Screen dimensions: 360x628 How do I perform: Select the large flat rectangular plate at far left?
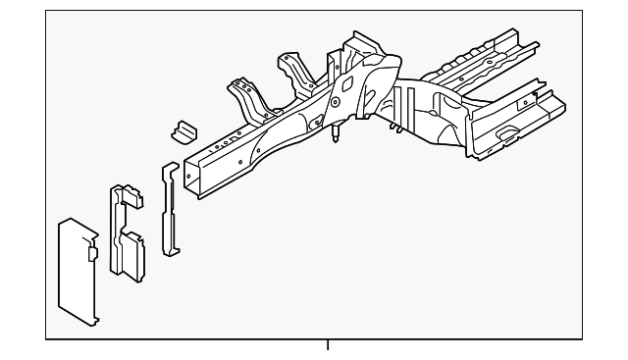(77, 270)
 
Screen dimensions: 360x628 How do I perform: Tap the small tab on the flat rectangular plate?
(92, 252)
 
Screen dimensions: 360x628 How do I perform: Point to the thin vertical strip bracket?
(170, 211)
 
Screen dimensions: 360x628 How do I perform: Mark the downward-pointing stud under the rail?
(336, 133)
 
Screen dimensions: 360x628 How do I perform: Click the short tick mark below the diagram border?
(328, 345)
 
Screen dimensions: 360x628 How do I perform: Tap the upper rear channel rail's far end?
(531, 44)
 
